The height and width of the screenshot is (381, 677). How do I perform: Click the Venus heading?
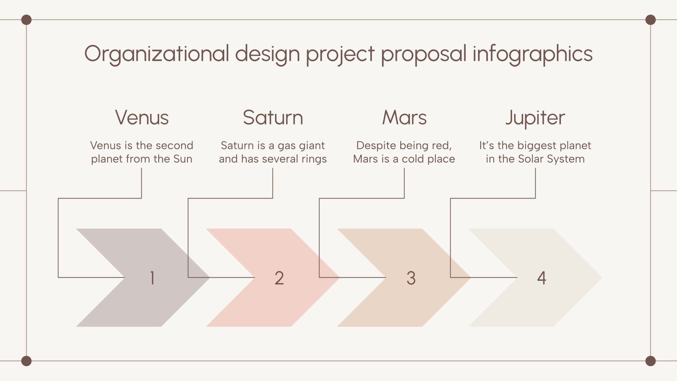point(142,118)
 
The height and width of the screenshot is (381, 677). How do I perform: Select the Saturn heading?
point(273,118)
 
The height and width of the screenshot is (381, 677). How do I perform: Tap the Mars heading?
point(405,118)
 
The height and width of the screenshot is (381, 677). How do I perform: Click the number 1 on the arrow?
point(152,278)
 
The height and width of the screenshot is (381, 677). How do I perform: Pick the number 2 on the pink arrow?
point(279,278)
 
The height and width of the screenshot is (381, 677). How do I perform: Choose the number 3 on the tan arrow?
point(411,278)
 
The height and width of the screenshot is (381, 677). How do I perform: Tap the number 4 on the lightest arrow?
point(542,278)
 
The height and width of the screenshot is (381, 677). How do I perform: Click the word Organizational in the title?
point(157,54)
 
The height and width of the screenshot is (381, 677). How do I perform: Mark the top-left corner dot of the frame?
point(26,20)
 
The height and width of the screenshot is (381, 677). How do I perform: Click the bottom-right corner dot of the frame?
point(650,361)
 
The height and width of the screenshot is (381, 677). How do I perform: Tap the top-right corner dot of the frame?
point(650,20)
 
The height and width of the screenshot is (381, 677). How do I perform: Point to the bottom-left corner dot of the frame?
point(26,361)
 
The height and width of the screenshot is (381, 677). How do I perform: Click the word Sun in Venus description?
point(183,159)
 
